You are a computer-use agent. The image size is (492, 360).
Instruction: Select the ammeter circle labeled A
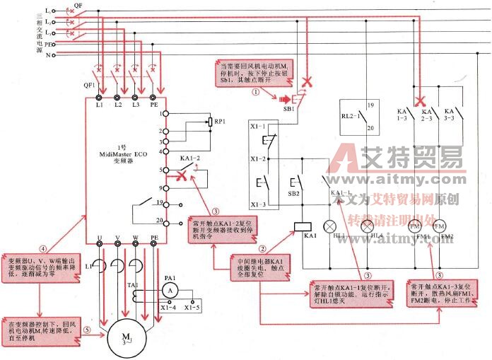point(168,290)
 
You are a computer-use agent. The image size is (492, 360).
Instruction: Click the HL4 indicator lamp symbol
point(367,227)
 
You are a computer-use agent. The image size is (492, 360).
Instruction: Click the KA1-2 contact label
point(190,158)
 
